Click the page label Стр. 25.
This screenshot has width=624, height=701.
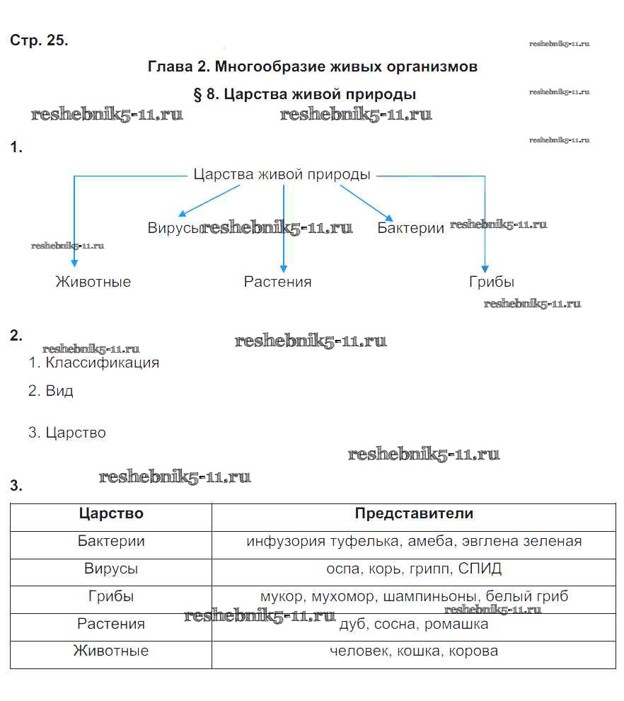coord(39,40)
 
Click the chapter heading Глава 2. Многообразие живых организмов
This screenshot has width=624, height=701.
coord(313,67)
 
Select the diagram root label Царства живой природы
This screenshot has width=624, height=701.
coord(282,174)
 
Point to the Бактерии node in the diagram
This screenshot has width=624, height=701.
coord(410,228)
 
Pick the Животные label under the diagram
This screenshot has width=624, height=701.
coord(93,282)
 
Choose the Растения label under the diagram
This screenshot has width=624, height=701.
coord(277,282)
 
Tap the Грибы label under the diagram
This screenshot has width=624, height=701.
coord(491,282)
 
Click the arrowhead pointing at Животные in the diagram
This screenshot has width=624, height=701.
coord(74,262)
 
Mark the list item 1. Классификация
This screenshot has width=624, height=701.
coord(94,363)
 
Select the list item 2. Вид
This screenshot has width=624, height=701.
coord(51,391)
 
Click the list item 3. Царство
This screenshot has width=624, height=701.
coord(67,433)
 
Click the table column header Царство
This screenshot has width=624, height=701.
coord(111,513)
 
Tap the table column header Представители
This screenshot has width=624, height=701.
coord(414,513)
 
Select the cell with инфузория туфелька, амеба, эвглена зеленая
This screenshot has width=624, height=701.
coord(414,542)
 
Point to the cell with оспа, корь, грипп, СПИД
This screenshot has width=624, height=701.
coord(414,569)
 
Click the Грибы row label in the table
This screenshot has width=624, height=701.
coord(111,596)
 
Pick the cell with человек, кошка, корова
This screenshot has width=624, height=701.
coord(414,651)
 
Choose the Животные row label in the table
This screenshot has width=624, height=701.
coord(111,651)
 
